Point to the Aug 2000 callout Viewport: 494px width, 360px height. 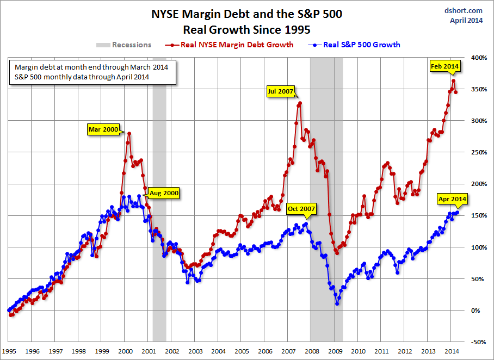point(163,193)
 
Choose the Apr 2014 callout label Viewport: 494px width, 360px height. point(451,200)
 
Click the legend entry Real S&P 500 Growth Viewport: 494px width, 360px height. point(362,45)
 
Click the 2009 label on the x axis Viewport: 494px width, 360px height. point(335,351)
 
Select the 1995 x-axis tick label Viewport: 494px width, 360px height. point(9,351)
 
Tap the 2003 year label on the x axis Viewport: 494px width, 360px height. point(195,351)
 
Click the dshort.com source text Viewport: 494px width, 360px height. point(463,10)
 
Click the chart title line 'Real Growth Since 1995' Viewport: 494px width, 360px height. point(246,28)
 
